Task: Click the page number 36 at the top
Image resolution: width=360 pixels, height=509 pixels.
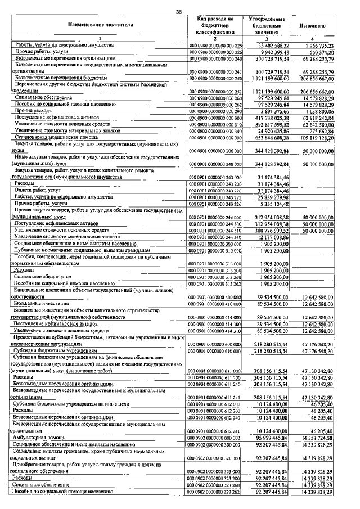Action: coord(179,12)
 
